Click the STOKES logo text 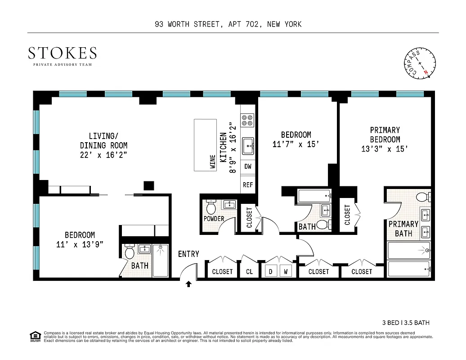(x=62, y=54)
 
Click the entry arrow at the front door (x=188, y=284)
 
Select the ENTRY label (x=188, y=254)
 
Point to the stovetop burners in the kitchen (x=247, y=120)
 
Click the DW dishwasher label (x=248, y=166)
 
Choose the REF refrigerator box (x=248, y=184)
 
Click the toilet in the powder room (x=211, y=207)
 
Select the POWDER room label (x=214, y=219)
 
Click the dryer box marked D (x=271, y=271)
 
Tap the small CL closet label (x=249, y=272)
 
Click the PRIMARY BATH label (x=403, y=229)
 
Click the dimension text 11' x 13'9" (x=80, y=244)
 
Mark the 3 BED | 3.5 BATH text (x=406, y=322)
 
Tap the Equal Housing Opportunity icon (x=34, y=336)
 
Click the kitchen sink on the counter (x=248, y=146)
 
